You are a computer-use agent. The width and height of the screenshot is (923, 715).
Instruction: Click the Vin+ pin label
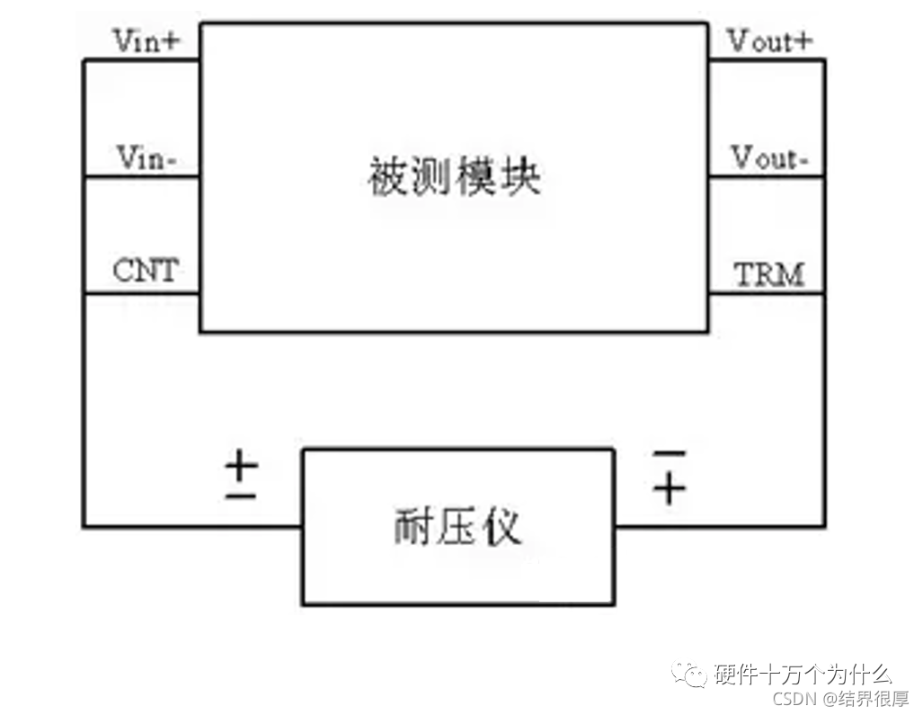(146, 40)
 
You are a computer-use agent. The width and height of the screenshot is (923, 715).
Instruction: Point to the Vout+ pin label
(769, 40)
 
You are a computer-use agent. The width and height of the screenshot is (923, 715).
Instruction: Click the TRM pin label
(769, 274)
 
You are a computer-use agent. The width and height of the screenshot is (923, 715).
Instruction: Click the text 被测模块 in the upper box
(455, 176)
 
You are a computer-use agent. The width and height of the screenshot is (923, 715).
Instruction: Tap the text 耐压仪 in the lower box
(457, 527)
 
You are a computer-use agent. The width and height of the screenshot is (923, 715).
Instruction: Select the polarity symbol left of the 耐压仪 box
(241, 477)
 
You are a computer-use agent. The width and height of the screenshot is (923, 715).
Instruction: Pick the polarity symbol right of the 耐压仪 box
(668, 476)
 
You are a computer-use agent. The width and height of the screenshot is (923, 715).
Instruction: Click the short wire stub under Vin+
(142, 60)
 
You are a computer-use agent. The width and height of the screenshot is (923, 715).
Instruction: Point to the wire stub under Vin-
(142, 176)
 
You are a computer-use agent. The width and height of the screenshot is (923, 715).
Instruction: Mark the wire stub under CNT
(142, 292)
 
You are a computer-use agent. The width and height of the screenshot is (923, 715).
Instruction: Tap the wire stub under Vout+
(767, 60)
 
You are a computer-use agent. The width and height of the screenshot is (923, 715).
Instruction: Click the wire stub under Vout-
(767, 176)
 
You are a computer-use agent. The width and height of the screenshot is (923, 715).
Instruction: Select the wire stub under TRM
(767, 292)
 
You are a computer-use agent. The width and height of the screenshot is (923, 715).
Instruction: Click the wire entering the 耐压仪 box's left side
(193, 526)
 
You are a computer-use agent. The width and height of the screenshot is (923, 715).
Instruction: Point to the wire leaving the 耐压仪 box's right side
(719, 526)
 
